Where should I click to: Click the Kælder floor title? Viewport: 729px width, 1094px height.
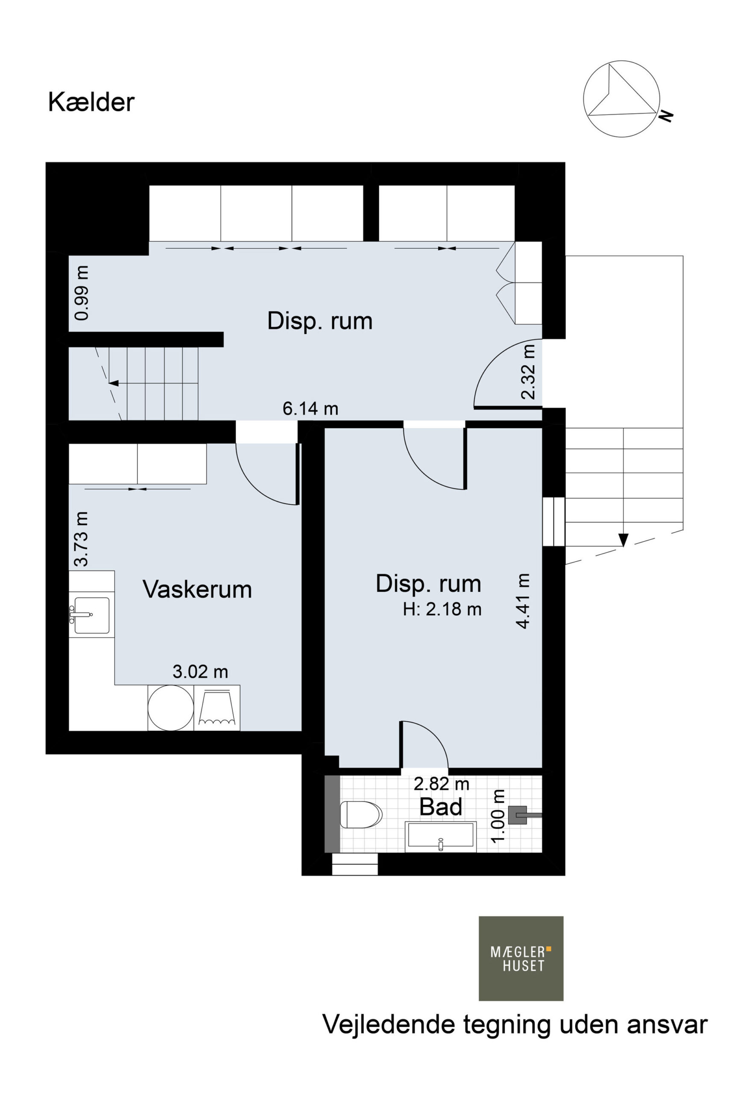[x=91, y=102]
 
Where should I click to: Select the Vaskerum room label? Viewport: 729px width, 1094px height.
[x=197, y=589]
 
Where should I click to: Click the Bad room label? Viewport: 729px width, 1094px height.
[x=441, y=806]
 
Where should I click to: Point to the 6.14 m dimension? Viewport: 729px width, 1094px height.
[x=310, y=409]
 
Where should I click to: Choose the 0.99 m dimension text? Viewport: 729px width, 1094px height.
[x=82, y=293]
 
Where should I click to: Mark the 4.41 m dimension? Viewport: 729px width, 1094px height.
[x=523, y=601]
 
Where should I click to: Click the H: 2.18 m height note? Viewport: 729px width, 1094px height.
[x=442, y=609]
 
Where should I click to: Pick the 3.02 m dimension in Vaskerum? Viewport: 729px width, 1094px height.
[x=200, y=671]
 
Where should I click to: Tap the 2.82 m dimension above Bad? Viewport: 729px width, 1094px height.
[x=441, y=784]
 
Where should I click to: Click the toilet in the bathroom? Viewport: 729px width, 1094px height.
[x=361, y=815]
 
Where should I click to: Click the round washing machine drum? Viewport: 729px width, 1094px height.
[x=171, y=708]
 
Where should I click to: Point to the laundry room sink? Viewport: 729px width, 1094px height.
[x=91, y=615]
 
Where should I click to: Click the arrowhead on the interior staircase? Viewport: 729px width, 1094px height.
[x=113, y=383]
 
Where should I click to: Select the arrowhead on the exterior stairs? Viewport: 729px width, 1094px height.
[x=624, y=540]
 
